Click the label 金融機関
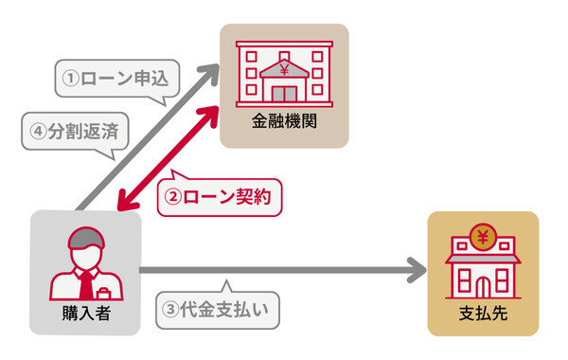(x=284, y=122)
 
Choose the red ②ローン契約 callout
(x=219, y=197)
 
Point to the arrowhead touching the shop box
(x=417, y=271)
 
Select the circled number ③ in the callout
(x=171, y=308)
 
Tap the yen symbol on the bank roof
(x=284, y=67)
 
